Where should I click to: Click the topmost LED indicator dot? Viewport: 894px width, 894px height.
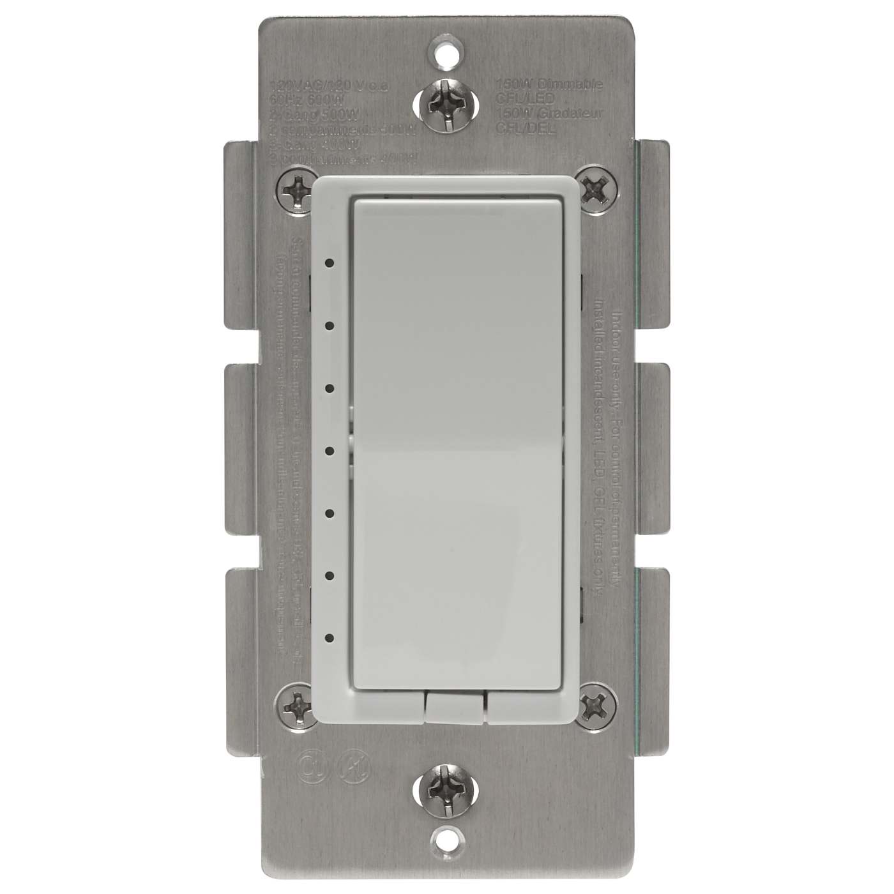click(330, 262)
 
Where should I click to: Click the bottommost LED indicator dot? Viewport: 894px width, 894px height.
click(330, 637)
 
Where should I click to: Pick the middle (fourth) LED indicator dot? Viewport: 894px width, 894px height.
click(330, 450)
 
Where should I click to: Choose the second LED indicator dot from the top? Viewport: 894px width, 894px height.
click(330, 325)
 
